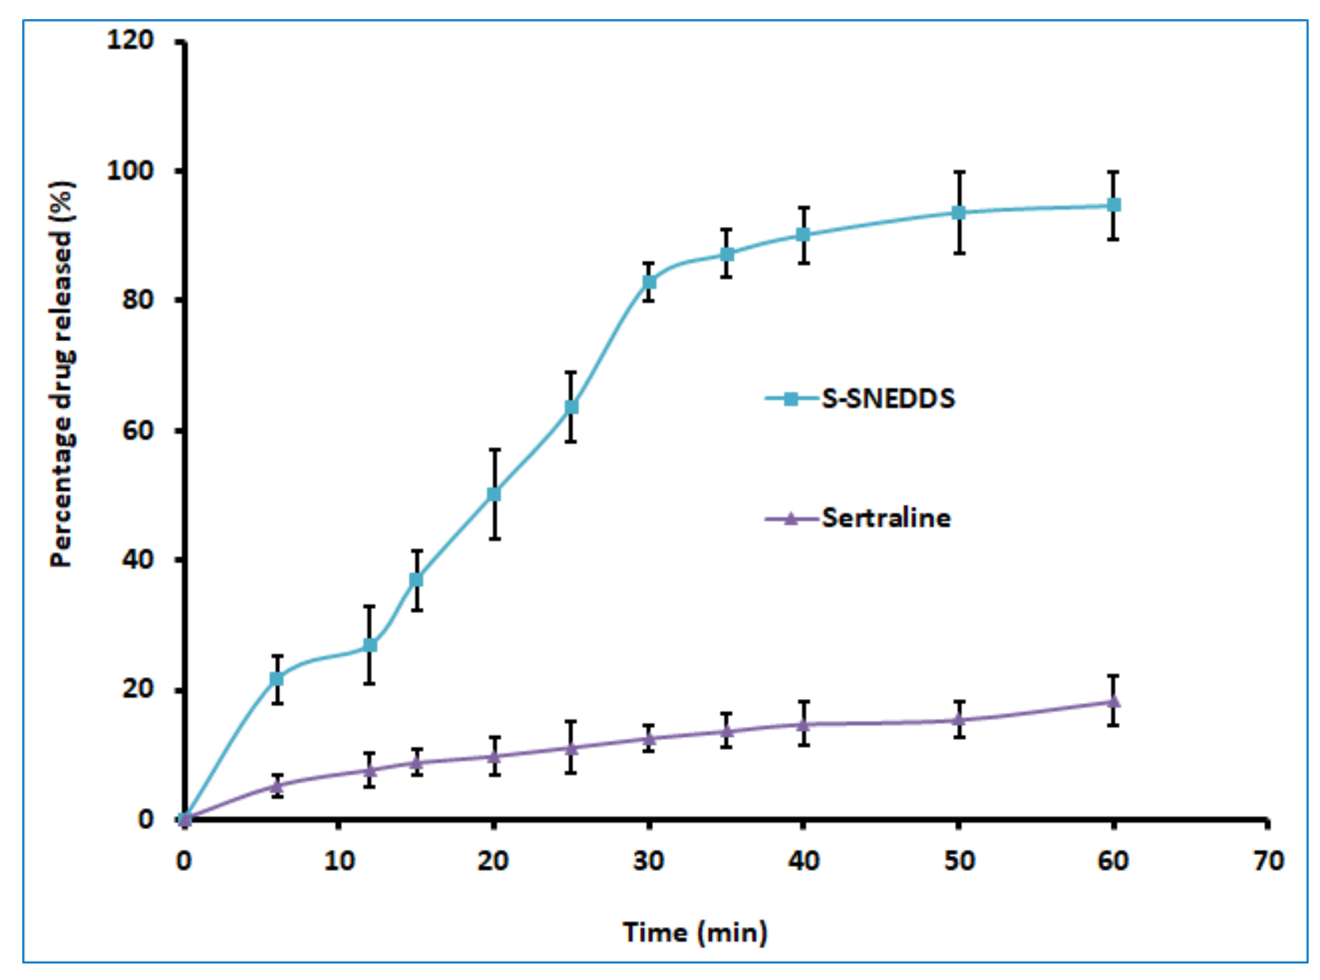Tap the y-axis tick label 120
pos(130,40)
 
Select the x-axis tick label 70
pos(1268,860)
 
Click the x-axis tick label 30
pos(649,860)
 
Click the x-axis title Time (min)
pos(695,932)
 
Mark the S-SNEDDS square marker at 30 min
pos(649,282)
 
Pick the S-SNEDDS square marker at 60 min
pos(1113,205)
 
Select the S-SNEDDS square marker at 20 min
pos(494,494)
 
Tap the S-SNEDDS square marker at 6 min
pos(277,679)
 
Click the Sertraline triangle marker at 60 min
pos(1113,702)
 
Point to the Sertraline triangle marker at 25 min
pos(571,748)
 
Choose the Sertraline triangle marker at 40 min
pos(804,724)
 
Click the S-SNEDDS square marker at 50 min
pos(959,212)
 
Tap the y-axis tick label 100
pos(130,171)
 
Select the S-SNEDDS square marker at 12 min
pos(369,645)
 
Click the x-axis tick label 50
pos(959,860)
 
